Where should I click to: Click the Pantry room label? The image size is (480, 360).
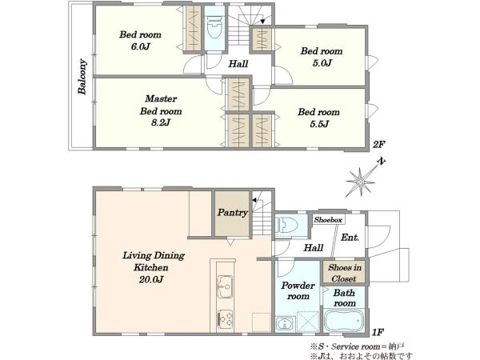point(232,213)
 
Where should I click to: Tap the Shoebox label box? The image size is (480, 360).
point(328,219)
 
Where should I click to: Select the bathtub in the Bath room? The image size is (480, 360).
point(344,321)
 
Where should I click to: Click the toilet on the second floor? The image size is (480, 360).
point(214,27)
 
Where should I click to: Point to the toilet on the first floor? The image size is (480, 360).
point(286,226)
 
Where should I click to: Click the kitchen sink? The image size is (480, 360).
point(225,286)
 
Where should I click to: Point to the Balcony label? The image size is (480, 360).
point(82,77)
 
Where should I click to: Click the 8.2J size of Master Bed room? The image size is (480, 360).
point(161,122)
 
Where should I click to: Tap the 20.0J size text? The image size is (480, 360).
point(150,279)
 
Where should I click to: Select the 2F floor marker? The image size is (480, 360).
point(378,144)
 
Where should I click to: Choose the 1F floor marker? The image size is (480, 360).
point(378,332)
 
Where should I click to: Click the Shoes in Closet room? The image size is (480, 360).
point(344,272)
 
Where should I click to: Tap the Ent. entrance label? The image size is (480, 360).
point(350,238)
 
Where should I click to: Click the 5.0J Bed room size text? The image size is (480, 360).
point(322,63)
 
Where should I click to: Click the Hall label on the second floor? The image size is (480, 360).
point(238,64)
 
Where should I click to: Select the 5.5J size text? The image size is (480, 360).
point(319,124)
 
